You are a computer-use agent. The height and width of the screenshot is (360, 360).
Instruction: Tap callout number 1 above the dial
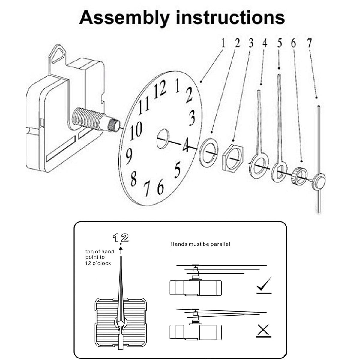point(223,43)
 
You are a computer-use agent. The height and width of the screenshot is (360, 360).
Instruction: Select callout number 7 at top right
point(309,43)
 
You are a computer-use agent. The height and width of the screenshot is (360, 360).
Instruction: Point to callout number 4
point(265,43)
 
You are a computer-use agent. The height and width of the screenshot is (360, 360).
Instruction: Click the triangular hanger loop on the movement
point(58,54)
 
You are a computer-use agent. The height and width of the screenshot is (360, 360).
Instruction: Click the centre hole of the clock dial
point(163,138)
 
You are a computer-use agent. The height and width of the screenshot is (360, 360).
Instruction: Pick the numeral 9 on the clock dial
point(129,156)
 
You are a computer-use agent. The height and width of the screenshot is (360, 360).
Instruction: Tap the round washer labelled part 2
point(208,152)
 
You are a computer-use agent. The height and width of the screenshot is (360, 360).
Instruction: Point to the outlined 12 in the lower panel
point(121,238)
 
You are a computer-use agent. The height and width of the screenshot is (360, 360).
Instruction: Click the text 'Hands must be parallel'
point(200,244)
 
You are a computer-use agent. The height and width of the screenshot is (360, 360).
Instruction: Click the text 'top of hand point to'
point(99,254)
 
